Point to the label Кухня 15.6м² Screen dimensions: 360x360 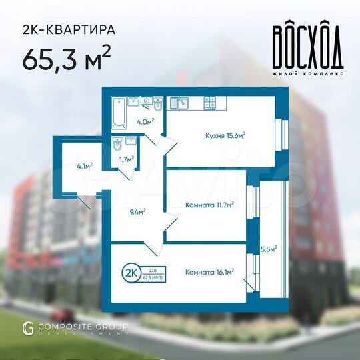point(225,135)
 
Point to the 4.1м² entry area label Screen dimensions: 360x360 point(85,165)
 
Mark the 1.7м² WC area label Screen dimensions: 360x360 point(127,159)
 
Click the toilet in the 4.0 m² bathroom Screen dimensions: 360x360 point(157,105)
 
